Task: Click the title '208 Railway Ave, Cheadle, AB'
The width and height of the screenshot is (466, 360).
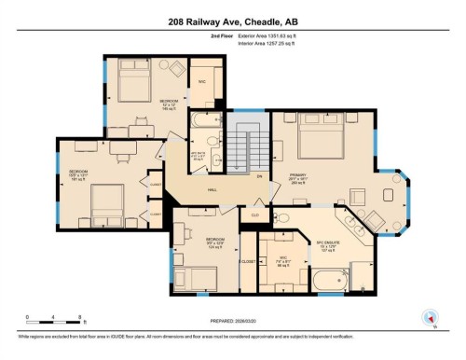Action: [x=233, y=20]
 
